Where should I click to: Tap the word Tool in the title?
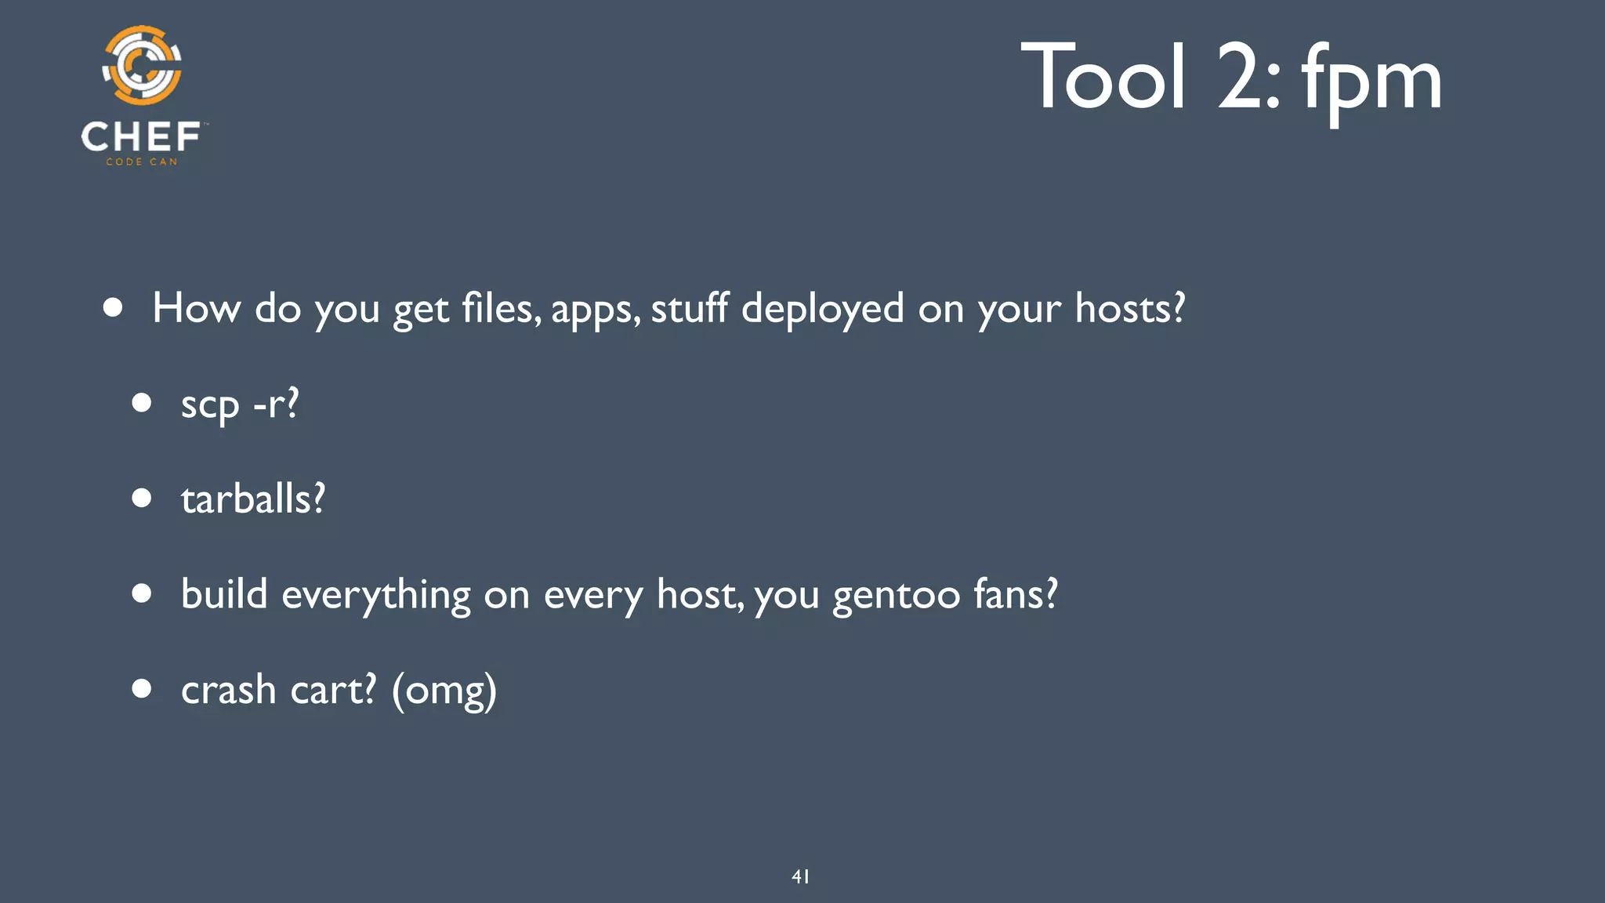1103,77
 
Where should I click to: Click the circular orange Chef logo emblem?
142,66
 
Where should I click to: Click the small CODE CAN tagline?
142,162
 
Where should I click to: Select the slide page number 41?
800,876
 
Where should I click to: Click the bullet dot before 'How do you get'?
113,307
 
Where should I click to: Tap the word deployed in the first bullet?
822,309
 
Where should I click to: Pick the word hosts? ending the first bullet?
1130,307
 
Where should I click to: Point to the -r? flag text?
276,404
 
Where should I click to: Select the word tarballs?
253,499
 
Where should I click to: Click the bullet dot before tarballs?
142,498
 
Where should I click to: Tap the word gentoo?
896,596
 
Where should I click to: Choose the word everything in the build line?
375,596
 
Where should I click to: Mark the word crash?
228,690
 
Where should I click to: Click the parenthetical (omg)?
444,691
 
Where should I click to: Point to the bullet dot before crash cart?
142,688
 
